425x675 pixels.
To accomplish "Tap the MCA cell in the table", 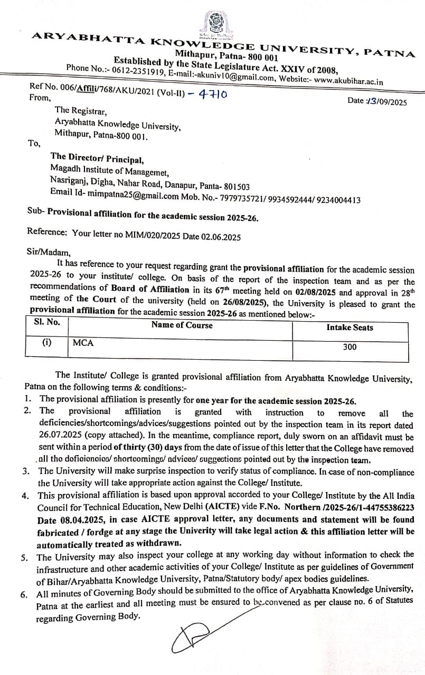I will coord(83,343).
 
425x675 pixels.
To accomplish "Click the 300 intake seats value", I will coord(350,347).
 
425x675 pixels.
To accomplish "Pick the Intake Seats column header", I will coord(350,327).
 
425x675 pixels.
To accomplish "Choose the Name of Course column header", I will coord(182,325).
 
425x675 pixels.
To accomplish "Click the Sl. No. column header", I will coord(47,322).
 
